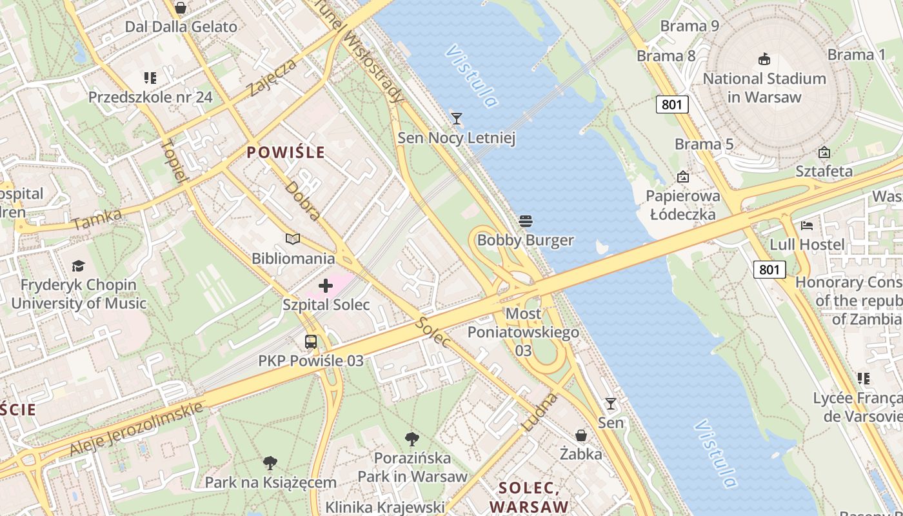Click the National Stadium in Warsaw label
tap(764, 88)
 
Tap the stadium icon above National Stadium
tap(764, 59)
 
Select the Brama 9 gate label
tap(690, 26)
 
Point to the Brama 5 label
tap(704, 144)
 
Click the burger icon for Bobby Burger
tap(526, 221)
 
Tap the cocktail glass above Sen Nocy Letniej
tap(457, 118)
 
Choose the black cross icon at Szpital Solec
tap(326, 285)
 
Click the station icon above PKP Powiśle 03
tap(311, 342)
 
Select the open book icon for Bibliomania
tap(293, 239)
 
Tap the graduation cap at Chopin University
tap(78, 266)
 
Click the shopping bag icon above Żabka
tap(581, 435)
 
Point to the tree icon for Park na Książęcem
tap(270, 462)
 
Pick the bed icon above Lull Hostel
tap(807, 226)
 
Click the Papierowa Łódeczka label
tap(683, 205)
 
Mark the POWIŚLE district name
tap(286, 153)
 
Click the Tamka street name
tap(97, 219)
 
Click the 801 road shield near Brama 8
tap(672, 104)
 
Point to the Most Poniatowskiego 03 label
tap(523, 332)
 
